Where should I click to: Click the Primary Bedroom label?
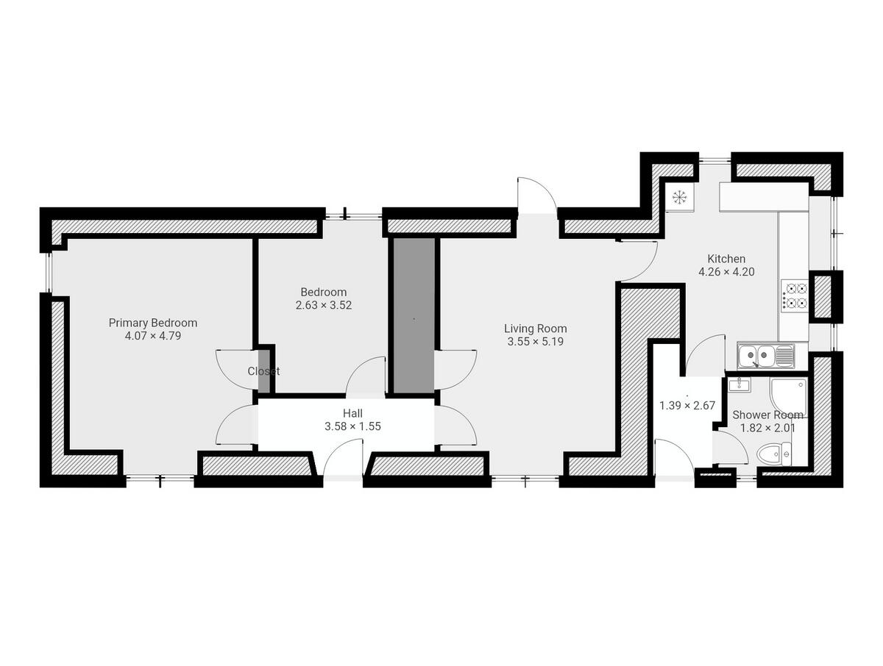pos(153,323)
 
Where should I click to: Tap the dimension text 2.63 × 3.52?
pos(324,305)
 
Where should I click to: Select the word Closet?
pos(263,371)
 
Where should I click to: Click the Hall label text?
pos(352,413)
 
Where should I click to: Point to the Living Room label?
pos(535,329)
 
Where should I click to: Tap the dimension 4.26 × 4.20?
pos(726,271)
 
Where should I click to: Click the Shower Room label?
pos(767,415)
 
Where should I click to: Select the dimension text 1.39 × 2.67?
pos(687,405)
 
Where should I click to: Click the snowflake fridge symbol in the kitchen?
pos(679,197)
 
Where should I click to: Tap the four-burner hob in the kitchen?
pos(795,296)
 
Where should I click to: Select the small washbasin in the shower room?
pos(737,384)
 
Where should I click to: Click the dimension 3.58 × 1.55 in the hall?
pos(352,426)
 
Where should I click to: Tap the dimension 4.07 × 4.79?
pos(153,336)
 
